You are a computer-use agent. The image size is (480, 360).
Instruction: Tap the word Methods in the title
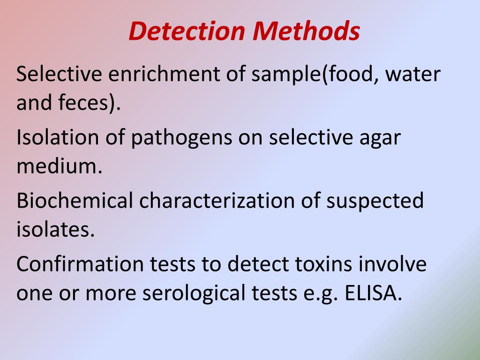coord(307,31)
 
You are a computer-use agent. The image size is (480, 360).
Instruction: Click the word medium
coord(59,167)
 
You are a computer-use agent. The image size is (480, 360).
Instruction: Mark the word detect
coord(255,264)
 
